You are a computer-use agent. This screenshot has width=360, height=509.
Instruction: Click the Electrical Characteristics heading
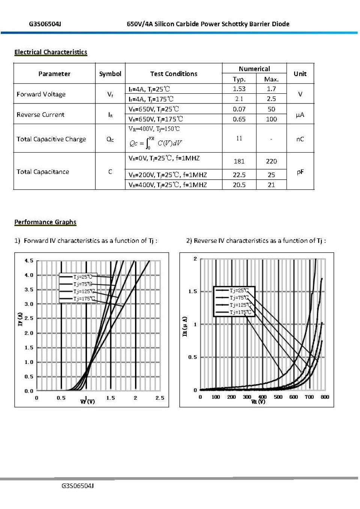(x=51, y=52)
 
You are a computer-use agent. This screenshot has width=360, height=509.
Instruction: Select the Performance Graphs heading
(x=45, y=222)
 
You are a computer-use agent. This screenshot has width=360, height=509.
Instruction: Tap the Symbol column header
(x=110, y=74)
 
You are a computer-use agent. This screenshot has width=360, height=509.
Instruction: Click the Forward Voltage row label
(x=41, y=94)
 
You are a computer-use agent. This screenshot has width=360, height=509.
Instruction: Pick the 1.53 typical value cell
(x=239, y=89)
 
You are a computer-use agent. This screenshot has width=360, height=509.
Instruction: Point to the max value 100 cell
(x=271, y=119)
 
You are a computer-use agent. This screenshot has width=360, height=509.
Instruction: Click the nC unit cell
(x=300, y=139)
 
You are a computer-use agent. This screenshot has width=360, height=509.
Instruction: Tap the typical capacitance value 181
(x=239, y=161)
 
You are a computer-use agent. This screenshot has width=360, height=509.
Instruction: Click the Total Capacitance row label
(x=43, y=172)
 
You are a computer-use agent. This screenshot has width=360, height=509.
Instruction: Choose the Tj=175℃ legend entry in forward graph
(x=84, y=299)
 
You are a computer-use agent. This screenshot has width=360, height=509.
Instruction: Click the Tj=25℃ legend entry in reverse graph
(x=239, y=290)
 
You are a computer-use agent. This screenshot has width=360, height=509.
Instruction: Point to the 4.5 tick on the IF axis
(x=29, y=260)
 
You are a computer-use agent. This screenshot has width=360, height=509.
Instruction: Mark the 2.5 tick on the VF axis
(x=160, y=398)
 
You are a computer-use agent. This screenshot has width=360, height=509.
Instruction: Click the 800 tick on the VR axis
(x=325, y=397)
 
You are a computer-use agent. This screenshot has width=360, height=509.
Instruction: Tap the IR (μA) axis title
(x=184, y=326)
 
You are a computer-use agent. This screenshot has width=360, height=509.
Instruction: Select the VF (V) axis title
(x=87, y=402)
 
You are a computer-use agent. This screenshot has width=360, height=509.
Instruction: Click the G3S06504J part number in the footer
(x=78, y=486)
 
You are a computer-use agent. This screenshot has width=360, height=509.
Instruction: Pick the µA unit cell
(x=300, y=115)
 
